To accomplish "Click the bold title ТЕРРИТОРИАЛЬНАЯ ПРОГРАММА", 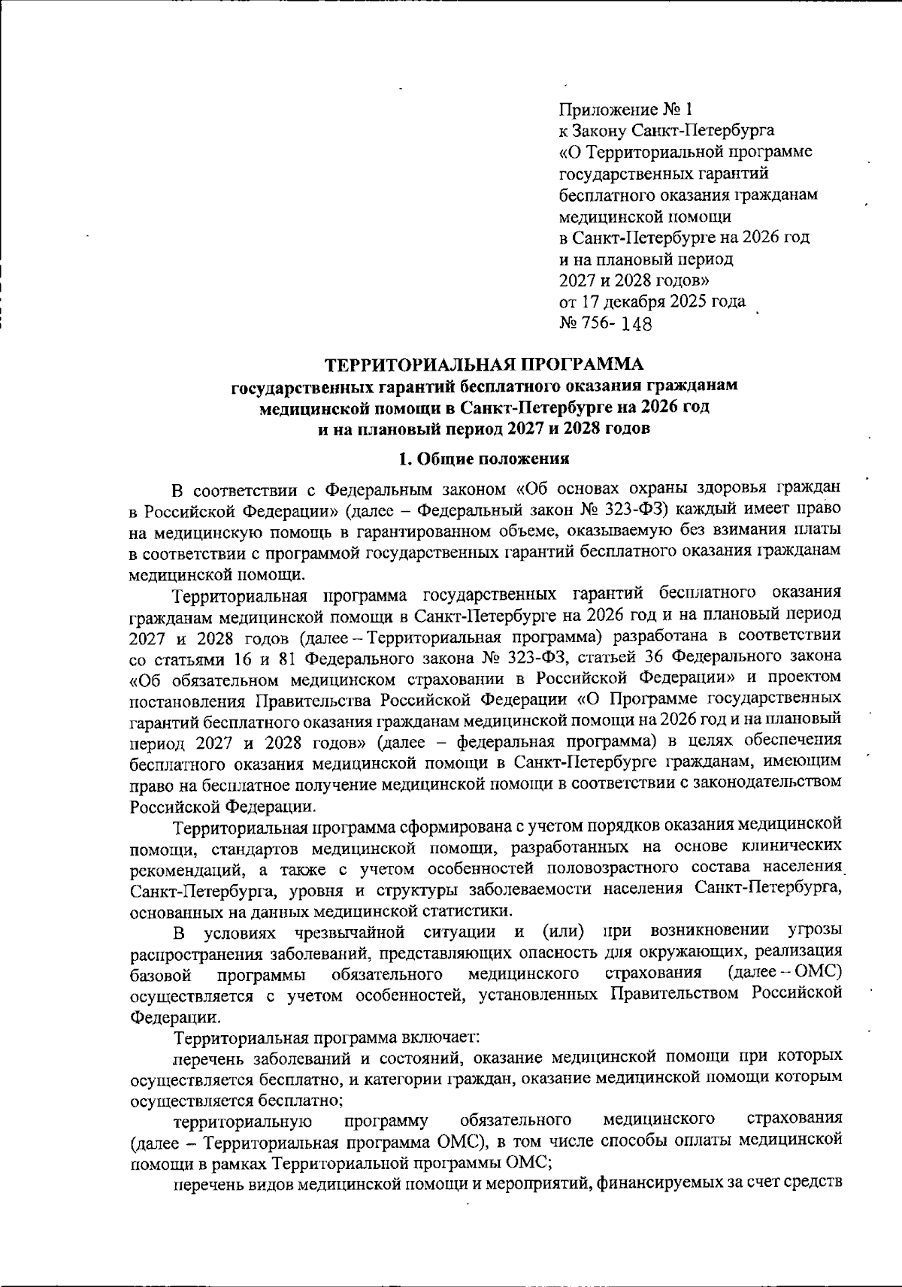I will (484, 365).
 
